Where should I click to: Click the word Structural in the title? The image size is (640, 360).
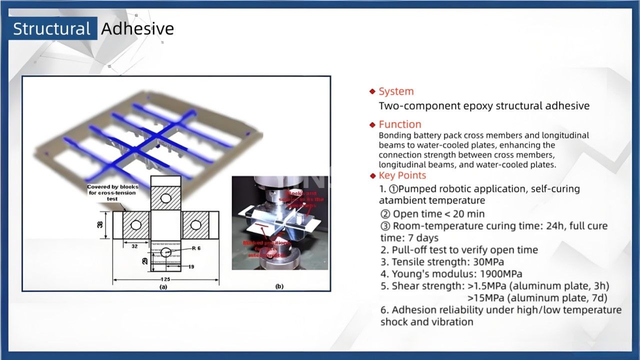(51, 29)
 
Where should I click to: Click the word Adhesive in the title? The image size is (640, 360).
(137, 29)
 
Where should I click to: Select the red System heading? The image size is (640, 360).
(396, 91)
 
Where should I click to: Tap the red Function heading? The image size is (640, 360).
(400, 124)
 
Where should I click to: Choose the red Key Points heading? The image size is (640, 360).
(402, 175)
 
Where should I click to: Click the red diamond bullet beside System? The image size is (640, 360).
(372, 91)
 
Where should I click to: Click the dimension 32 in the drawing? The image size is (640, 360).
(134, 246)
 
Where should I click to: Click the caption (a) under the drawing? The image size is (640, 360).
(163, 287)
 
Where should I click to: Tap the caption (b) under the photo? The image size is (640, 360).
(279, 287)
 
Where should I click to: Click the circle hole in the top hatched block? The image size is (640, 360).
(166, 199)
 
